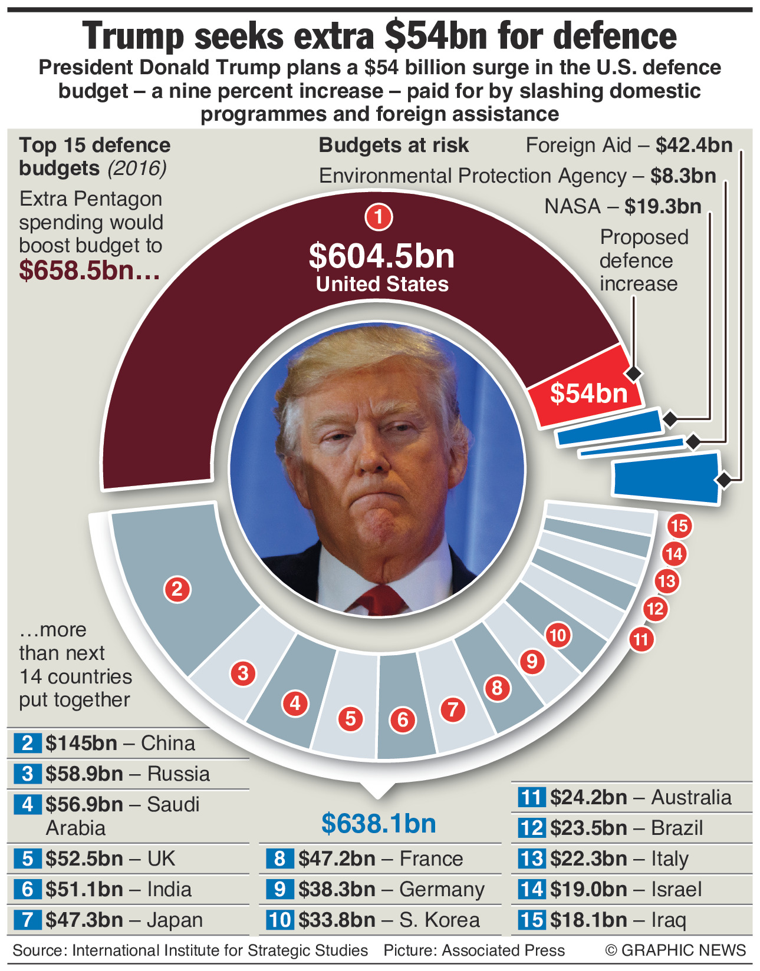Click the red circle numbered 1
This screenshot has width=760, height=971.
coord(379,217)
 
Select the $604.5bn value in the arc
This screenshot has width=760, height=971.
coord(381,256)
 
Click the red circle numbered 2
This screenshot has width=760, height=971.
coord(177,589)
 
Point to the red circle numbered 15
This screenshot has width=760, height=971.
coord(680,526)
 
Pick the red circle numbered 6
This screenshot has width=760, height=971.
coord(403,719)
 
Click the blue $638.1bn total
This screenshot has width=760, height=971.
coord(379,823)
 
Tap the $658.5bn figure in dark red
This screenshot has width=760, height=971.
coord(89,270)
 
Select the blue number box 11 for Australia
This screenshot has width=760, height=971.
coord(531,797)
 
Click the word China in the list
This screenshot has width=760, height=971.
coord(168,743)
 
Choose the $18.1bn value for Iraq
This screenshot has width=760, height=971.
coord(588,920)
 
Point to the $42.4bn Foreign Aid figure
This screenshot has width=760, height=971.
coord(694,145)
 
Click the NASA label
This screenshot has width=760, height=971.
coord(572,206)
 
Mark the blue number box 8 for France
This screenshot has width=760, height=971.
coord(279,858)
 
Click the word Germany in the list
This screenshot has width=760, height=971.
coord(442,889)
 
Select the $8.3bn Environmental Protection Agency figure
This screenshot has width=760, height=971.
coord(683,176)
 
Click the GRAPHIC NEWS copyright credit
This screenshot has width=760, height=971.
coord(676,950)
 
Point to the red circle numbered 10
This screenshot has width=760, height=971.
coord(558,635)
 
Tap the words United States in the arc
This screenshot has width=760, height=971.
coord(382,284)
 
